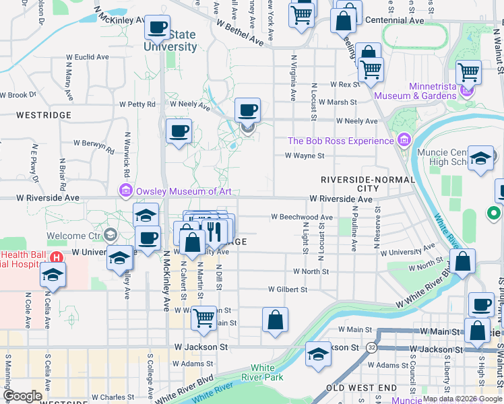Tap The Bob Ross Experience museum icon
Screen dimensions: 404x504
click(x=404, y=141)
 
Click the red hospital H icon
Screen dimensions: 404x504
click(x=57, y=257)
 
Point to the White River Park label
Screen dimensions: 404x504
click(x=263, y=372)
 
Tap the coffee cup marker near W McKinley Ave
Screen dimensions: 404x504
click(x=157, y=28)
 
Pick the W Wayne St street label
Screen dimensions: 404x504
click(x=305, y=156)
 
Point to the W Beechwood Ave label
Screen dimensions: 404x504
click(x=302, y=217)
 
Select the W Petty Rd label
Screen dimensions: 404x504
click(x=137, y=104)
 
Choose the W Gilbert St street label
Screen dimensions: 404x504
click(x=288, y=290)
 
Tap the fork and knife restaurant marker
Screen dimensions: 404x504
click(x=214, y=230)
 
